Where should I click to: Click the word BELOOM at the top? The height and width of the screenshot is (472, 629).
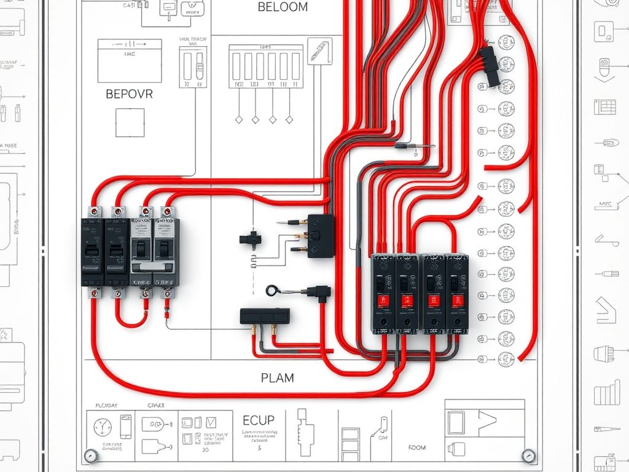click(x=283, y=7)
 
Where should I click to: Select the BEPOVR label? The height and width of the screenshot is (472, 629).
click(x=129, y=95)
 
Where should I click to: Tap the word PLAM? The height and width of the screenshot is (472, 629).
click(x=277, y=377)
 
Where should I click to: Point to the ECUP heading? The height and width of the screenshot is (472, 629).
click(x=259, y=420)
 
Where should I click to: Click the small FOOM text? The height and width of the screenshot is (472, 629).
click(x=416, y=448)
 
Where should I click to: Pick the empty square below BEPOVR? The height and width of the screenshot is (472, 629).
click(x=130, y=122)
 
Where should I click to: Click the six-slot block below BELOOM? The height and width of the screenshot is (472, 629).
click(x=266, y=66)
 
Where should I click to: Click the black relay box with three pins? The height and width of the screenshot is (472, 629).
click(x=321, y=236)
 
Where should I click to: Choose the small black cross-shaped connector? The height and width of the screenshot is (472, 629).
click(x=250, y=238)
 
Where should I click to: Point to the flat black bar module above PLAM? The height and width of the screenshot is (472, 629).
click(x=265, y=316)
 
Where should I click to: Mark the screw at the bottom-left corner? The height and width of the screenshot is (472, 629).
click(x=91, y=455)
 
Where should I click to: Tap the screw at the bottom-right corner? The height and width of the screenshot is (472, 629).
click(x=527, y=455)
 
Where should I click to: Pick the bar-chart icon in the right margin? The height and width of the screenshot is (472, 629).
click(x=608, y=391)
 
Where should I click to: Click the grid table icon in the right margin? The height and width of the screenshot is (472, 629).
click(x=605, y=106)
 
